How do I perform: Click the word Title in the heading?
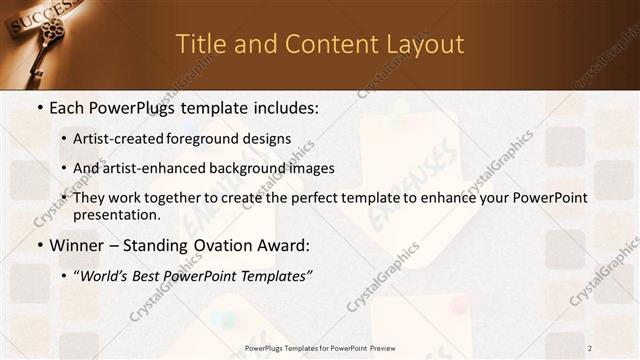199,44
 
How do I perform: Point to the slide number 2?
590,348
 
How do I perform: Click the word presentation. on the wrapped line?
117,215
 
